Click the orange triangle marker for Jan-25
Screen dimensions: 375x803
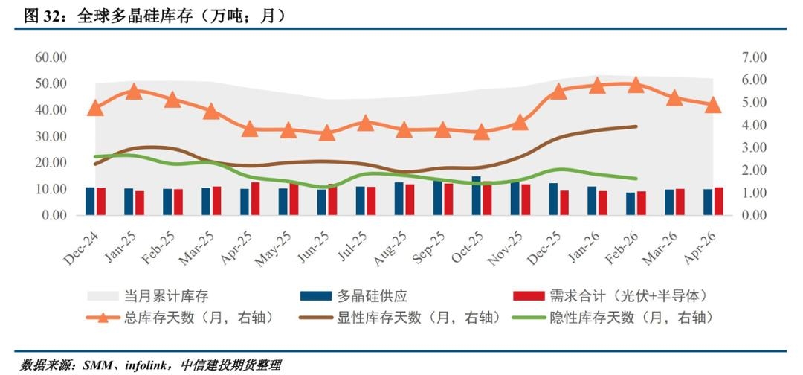(134, 92)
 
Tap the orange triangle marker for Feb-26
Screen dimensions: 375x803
(636, 84)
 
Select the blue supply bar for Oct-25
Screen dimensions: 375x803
(476, 196)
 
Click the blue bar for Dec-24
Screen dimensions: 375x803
(90, 201)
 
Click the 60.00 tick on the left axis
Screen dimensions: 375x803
(51, 57)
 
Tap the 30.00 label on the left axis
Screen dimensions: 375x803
(51, 136)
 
